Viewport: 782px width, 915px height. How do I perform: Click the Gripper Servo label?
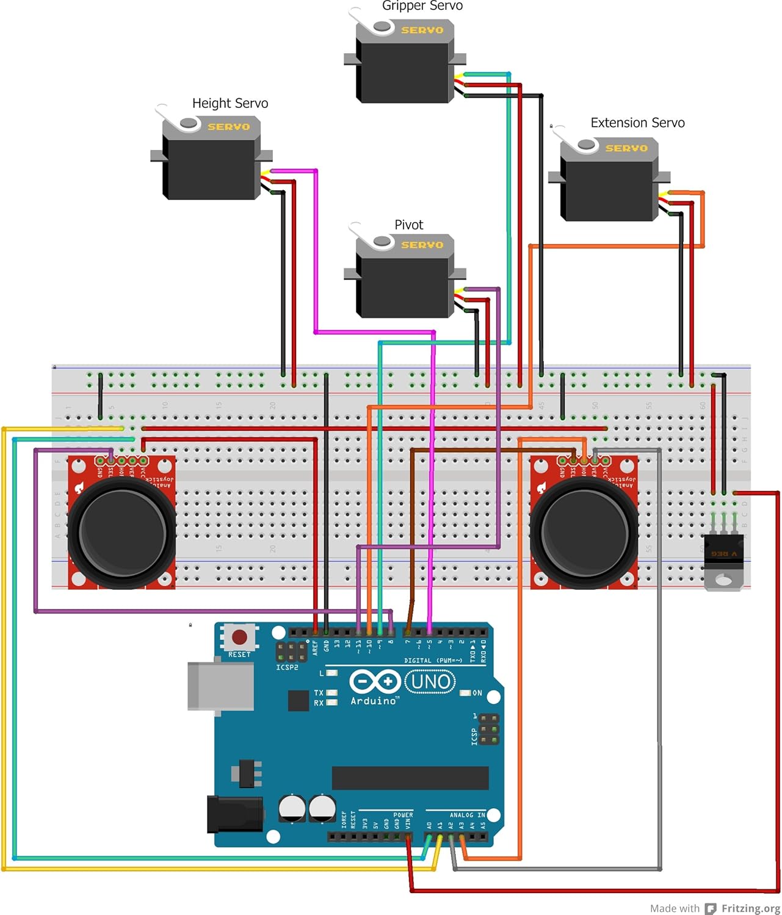[422, 6]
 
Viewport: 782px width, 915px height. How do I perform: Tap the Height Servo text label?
[230, 103]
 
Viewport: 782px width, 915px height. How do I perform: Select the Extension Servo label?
[637, 123]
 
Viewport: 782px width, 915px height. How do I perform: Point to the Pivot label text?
[408, 224]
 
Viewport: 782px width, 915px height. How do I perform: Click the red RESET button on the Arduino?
[239, 637]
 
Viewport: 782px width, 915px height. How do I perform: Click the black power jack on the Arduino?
[235, 815]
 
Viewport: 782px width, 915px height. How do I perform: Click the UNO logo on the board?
[430, 681]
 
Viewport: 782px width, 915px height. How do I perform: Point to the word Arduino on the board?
[374, 701]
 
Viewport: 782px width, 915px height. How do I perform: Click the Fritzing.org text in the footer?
[750, 908]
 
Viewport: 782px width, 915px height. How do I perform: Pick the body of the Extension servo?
[608, 189]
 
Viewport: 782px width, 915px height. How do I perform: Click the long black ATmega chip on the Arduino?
[410, 778]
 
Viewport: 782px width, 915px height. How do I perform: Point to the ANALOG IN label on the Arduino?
[467, 815]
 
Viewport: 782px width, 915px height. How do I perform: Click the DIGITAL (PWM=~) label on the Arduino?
[433, 660]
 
